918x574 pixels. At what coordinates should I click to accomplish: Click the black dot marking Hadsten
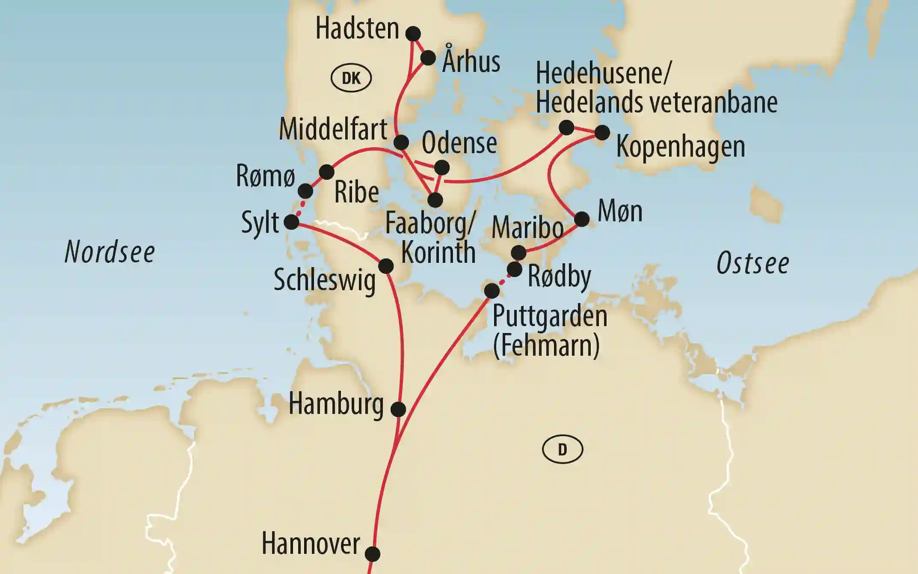413,33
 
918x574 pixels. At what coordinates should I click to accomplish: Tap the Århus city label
471,61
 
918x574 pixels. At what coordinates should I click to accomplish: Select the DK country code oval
351,78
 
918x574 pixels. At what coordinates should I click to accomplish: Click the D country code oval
562,449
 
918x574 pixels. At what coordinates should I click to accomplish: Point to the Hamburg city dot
398,409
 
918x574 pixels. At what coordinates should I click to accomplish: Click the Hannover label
311,544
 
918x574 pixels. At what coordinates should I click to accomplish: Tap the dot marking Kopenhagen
602,133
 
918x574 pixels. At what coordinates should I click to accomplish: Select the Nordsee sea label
110,252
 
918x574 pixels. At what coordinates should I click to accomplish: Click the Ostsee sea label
752,263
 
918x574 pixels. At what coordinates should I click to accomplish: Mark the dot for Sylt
291,222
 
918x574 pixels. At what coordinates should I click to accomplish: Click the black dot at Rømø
305,190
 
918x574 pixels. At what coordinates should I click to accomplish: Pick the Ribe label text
356,192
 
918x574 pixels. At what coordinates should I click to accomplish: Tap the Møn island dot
582,219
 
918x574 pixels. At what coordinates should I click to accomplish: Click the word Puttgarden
550,316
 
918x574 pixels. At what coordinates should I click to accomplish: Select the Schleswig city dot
386,266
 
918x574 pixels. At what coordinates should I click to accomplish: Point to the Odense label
459,143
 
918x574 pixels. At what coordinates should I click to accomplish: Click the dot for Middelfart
401,142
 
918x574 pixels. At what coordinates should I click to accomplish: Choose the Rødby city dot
515,270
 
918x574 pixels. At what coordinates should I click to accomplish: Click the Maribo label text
527,228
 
